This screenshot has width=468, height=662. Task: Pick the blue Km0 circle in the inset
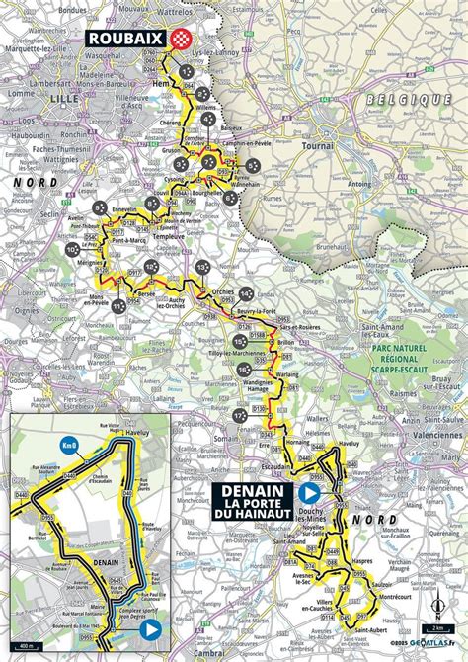click(x=69, y=446)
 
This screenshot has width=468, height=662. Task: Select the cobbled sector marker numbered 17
click(x=240, y=416)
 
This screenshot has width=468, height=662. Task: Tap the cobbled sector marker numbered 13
click(x=202, y=267)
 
